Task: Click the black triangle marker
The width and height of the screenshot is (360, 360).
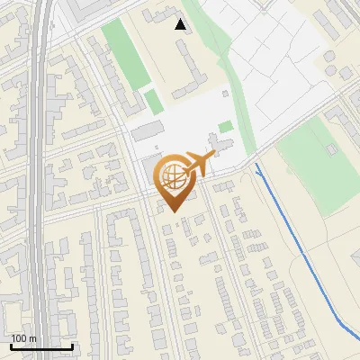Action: coord(181,24)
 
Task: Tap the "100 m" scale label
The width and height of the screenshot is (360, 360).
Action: coord(23,338)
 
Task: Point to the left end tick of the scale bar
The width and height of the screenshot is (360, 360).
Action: coord(11,346)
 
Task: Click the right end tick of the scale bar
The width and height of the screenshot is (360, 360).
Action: coord(72,346)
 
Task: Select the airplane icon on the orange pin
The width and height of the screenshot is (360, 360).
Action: coord(198,165)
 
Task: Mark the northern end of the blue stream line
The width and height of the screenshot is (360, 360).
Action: coord(256,166)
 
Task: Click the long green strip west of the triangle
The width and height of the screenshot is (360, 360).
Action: coord(123,54)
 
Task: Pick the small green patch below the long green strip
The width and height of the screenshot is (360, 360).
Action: coord(154,101)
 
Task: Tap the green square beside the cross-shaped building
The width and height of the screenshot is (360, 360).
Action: coord(225,127)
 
